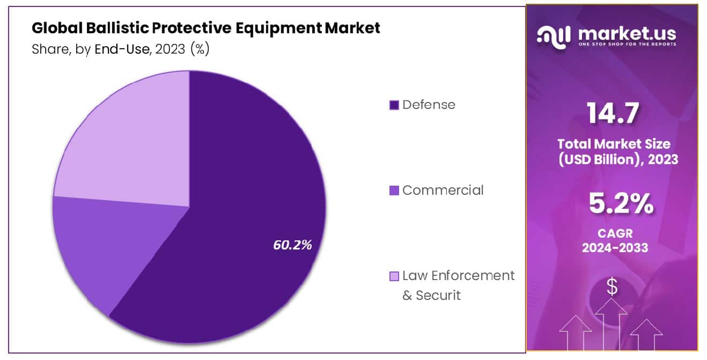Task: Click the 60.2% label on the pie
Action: click(292, 245)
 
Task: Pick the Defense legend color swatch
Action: click(394, 105)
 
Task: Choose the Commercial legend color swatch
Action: click(394, 190)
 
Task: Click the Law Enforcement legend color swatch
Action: click(394, 276)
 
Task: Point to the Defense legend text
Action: click(429, 105)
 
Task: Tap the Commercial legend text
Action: click(443, 190)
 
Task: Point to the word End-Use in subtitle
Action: click(122, 49)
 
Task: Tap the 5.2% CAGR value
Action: click(621, 204)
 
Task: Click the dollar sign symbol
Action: click(612, 287)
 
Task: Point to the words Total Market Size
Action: click(614, 144)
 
